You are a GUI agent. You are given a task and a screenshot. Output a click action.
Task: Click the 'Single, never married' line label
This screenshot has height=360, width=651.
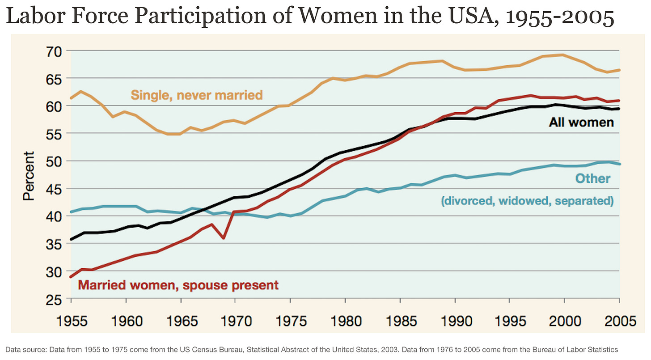196,95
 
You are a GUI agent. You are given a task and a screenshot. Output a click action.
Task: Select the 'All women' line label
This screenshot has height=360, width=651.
581,122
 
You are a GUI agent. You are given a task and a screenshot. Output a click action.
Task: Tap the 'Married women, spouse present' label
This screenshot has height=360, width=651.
178,285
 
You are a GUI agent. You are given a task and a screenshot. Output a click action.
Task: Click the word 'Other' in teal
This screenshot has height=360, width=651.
592,178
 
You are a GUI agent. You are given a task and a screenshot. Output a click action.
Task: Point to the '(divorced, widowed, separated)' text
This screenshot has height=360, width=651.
527,201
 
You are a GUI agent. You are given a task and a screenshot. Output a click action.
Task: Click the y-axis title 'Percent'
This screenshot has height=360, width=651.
29,176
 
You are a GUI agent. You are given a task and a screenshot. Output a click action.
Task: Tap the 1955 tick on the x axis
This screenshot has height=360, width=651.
71,321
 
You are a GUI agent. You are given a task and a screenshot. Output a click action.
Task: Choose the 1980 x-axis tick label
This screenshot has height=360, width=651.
345,321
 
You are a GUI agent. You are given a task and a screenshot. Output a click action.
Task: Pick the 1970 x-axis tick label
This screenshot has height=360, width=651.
236,321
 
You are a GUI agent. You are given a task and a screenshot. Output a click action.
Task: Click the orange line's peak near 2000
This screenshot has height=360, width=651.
562,55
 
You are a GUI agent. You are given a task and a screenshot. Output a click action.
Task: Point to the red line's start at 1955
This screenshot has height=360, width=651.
71,277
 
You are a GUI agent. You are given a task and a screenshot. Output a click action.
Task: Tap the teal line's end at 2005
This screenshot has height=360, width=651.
619,164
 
